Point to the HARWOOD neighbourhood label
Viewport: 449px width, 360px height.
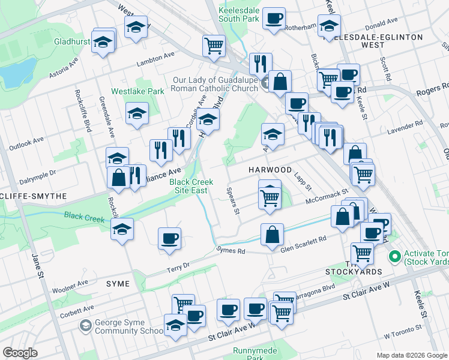click(x=270, y=170)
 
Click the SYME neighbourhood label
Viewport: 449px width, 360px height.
click(x=118, y=283)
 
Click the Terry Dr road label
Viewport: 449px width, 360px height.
click(x=178, y=264)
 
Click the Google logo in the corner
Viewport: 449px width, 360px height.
click(x=20, y=353)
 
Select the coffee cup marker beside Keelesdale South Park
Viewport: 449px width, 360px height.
click(x=274, y=19)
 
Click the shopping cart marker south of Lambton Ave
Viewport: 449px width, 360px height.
click(x=214, y=46)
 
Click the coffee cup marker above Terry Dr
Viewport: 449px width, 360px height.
click(x=169, y=238)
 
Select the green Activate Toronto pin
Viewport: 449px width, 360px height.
click(x=394, y=257)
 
